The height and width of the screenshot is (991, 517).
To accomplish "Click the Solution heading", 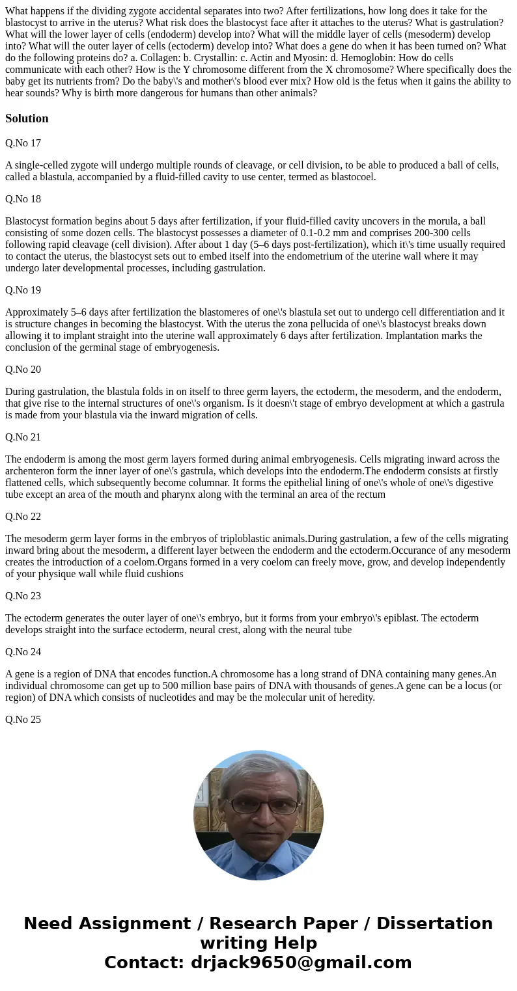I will (27, 118).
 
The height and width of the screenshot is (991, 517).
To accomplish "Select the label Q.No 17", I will (23, 143).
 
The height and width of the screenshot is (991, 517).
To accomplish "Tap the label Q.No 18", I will (23, 199).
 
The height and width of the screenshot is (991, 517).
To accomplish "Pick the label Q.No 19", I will (23, 290).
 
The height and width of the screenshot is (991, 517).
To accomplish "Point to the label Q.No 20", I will (23, 370).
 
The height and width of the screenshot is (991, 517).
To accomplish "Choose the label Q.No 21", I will (23, 437).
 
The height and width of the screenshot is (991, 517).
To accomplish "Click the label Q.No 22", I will (23, 517).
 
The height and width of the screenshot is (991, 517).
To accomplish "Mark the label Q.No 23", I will (23, 596).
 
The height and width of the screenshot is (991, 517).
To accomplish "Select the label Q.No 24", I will (23, 652).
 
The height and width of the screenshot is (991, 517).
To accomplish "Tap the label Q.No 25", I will (23, 720).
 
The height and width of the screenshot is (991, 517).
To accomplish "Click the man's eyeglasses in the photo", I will (259, 806).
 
